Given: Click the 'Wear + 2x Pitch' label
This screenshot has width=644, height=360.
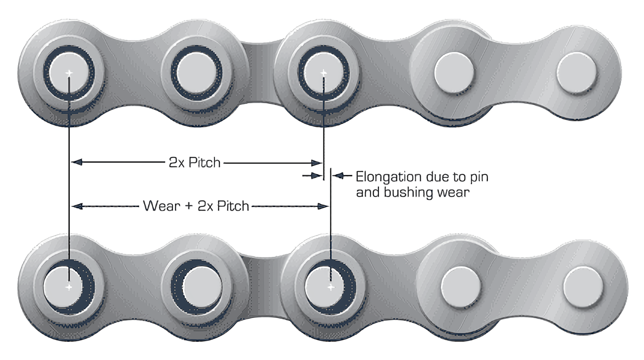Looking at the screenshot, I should point(196,206).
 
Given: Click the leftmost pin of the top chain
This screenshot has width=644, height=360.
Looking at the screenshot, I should point(69,73).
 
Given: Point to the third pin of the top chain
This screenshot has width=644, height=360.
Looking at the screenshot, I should point(323,73).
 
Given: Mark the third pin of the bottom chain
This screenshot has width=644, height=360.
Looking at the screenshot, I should point(325,286).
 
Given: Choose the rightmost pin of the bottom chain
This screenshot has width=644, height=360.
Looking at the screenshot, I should point(583,286).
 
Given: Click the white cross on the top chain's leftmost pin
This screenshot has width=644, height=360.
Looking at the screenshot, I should point(69,73).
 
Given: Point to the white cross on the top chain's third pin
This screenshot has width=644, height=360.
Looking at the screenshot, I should point(323,73).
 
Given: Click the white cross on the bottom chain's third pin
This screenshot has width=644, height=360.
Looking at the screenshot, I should point(330,287).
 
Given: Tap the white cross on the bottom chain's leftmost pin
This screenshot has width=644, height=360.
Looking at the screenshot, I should point(69,287).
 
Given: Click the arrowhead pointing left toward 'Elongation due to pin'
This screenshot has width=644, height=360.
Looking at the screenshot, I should point(338,175).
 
